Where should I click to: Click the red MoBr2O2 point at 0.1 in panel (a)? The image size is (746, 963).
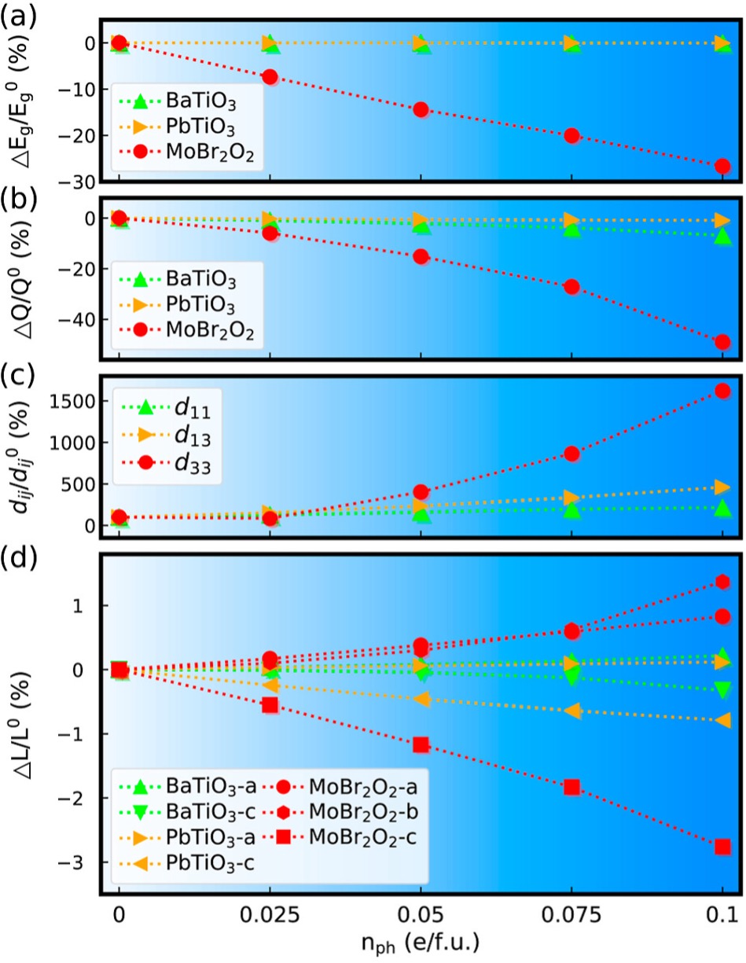(x=722, y=166)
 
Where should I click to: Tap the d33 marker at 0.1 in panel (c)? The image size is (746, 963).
(x=722, y=391)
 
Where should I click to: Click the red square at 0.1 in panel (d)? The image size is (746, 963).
(x=722, y=846)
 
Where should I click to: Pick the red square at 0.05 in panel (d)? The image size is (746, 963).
(x=421, y=744)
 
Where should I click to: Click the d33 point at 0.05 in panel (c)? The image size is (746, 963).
(x=421, y=492)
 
